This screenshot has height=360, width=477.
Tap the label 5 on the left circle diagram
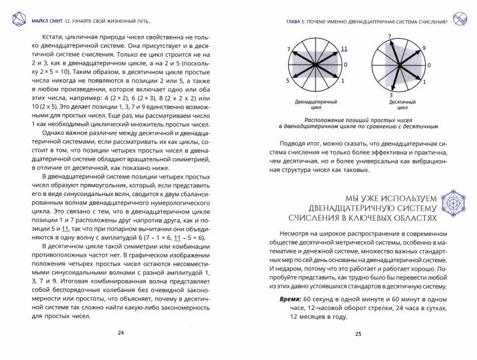[288, 81]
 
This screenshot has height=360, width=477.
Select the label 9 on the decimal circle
[423, 49]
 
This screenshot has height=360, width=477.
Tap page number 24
[120, 333]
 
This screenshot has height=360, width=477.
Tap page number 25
[358, 333]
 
